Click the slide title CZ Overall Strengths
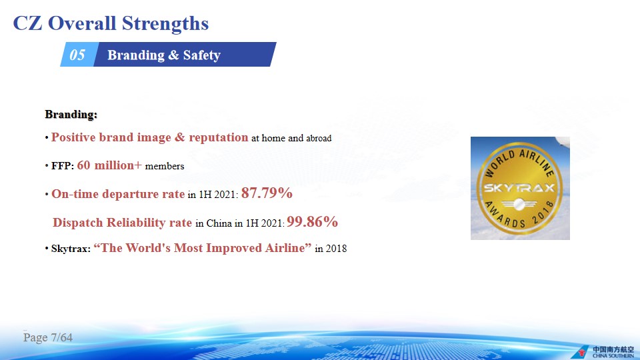click(111, 23)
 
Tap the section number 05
click(77, 55)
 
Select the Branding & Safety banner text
click(164, 55)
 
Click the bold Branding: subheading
click(71, 114)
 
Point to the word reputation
click(219, 137)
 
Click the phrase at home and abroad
click(291, 139)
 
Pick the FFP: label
click(63, 166)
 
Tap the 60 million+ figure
click(109, 165)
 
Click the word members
click(165, 166)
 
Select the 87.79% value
click(267, 193)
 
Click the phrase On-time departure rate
click(118, 194)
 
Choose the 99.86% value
click(312, 221)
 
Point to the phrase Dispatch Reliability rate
click(122, 223)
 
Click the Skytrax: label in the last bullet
click(71, 249)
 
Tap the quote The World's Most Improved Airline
click(203, 248)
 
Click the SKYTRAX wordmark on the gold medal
click(519, 188)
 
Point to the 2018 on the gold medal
click(543, 213)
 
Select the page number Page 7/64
click(48, 337)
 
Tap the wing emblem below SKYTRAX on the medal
click(519, 204)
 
